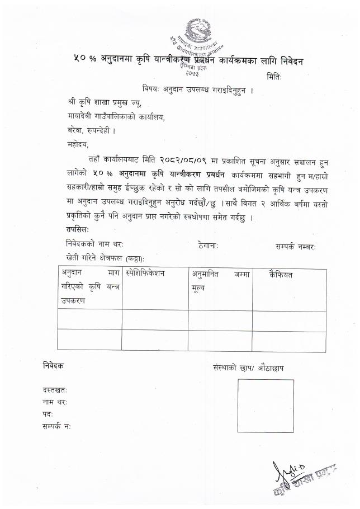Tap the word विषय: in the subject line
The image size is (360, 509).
click(152, 88)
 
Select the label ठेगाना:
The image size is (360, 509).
click(208, 244)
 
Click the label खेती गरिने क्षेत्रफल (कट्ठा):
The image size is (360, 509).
click(105, 258)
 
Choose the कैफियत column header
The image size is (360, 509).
click(281, 274)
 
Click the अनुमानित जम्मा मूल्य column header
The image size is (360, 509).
click(219, 281)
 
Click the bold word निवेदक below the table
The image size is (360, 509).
click(54, 365)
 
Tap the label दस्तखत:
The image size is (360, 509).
click(55, 389)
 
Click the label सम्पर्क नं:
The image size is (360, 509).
click(56, 426)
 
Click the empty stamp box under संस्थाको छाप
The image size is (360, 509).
click(266, 406)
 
